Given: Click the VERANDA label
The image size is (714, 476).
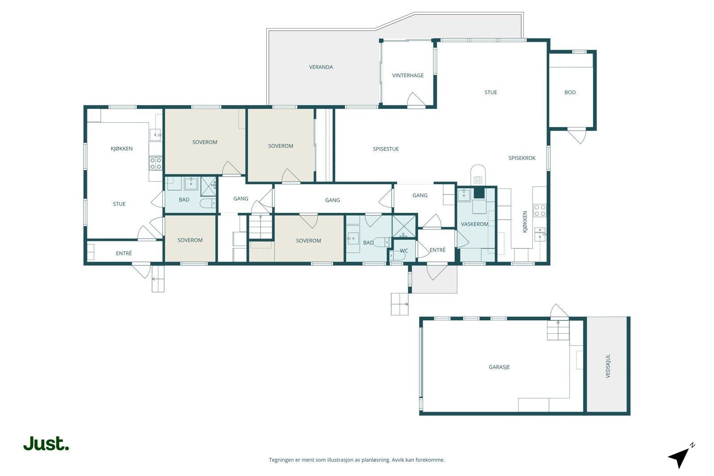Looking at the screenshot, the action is click(321, 67).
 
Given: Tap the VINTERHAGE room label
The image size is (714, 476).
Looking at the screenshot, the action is click(408, 75).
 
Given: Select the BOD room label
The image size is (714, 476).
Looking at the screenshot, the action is click(570, 92).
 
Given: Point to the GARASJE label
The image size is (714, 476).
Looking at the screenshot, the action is click(499, 367).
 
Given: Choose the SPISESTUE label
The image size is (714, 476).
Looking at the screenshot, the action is click(386, 149).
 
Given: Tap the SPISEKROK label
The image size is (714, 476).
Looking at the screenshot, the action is click(522, 158).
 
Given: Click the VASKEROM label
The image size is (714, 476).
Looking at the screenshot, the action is click(475, 224).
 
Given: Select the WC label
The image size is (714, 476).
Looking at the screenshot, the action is click(404, 251).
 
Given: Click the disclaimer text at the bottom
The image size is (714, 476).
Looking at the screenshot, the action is click(357, 460).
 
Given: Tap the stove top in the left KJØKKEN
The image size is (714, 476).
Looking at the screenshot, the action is click(156, 163).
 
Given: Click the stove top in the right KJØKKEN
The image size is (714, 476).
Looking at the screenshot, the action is click(540, 211).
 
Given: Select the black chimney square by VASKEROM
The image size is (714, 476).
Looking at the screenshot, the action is click(479, 193).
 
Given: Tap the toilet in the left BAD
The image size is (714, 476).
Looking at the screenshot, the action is click(208, 203).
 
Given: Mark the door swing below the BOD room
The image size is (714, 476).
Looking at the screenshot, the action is click(577, 136).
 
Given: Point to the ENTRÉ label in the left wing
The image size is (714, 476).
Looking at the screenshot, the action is click(124, 253).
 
